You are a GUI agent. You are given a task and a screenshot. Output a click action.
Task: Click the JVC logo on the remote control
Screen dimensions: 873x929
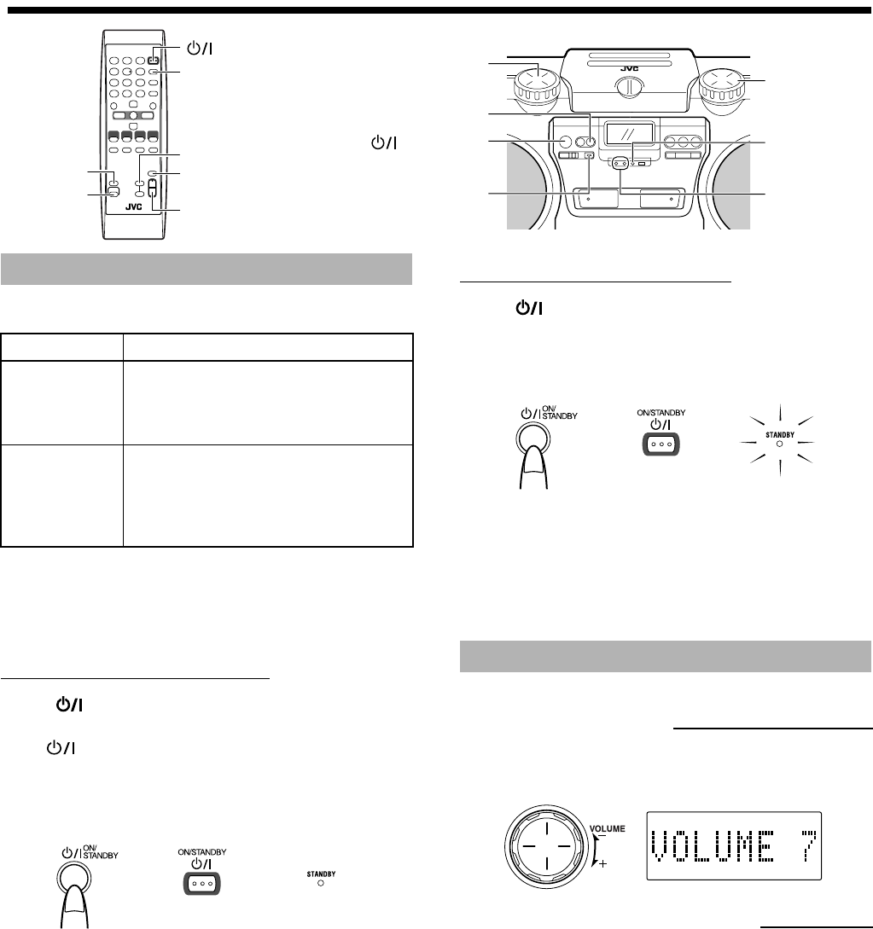pos(134,206)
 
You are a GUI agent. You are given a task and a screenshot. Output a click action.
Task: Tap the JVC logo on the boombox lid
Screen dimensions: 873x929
pos(630,69)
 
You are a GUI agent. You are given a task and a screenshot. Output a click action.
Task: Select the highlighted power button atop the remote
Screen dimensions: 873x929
pos(154,60)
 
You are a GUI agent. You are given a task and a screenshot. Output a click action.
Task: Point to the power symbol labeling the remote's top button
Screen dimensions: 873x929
pos(200,49)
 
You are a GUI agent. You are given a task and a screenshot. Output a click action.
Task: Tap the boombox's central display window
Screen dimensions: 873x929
pos(629,134)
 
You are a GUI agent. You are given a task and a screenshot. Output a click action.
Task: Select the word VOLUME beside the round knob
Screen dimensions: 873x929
pos(607,828)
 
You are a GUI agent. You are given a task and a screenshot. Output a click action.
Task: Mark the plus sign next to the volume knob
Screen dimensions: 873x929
pos(602,864)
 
